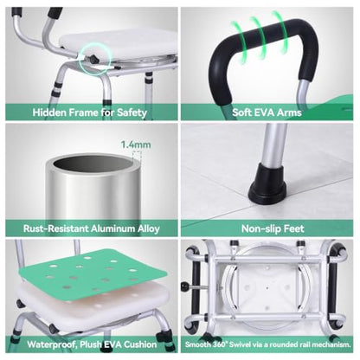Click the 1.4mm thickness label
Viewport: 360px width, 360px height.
point(136,145)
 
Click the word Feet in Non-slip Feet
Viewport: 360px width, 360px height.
point(294,228)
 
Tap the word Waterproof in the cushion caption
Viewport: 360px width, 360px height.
point(52,344)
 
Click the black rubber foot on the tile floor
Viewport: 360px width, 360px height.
point(267,183)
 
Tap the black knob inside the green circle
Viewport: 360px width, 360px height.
point(94,59)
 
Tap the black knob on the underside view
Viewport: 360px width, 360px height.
point(184,286)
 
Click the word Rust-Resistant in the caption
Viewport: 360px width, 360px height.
point(56,228)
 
